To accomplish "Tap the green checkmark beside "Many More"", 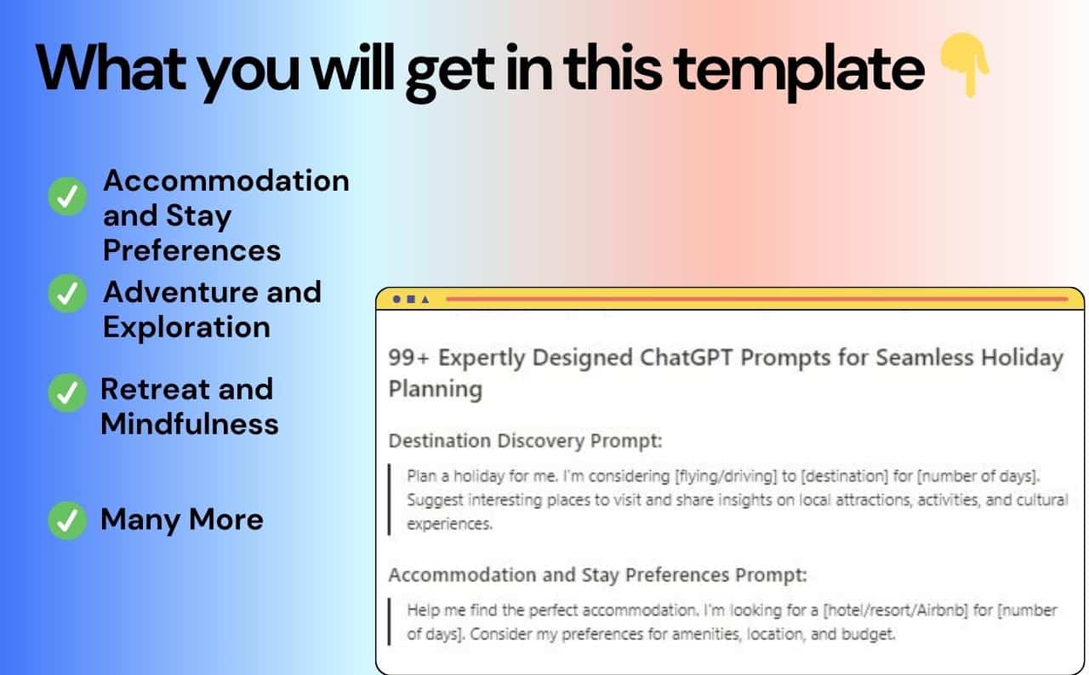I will coord(67,520).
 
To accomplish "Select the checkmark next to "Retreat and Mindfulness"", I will coord(67,392).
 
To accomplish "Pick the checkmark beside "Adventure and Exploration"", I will coord(67,295).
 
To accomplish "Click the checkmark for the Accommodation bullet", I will coord(67,197).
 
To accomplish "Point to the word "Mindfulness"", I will coord(189,424).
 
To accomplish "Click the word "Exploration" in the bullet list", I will coord(186,327).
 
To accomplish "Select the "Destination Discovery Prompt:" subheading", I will coord(525,441).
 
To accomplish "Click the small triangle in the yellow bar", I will coord(425,300).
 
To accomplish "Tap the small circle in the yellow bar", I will coord(396,300).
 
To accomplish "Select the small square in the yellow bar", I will coord(411,300).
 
